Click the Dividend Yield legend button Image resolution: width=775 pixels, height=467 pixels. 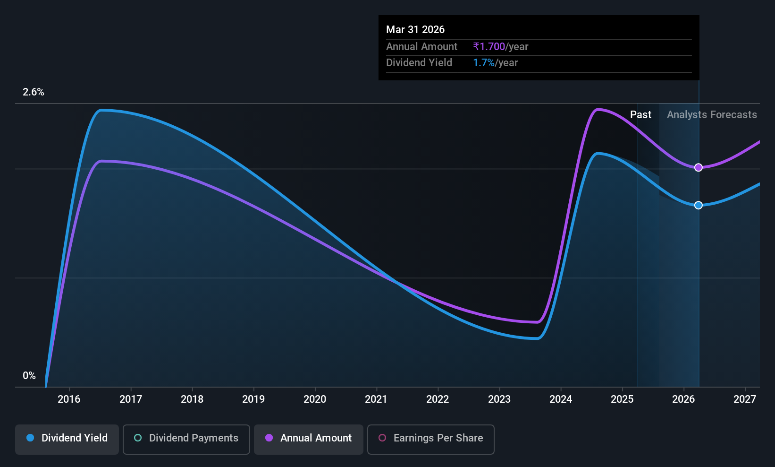tap(67, 439)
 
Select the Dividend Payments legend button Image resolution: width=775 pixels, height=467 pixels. tap(186, 439)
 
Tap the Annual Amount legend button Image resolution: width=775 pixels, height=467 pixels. tap(309, 439)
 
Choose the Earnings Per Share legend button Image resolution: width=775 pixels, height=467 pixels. tap(431, 439)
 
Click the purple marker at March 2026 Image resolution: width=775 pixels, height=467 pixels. tap(699, 168)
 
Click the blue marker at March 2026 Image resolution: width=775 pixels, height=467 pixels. tap(699, 206)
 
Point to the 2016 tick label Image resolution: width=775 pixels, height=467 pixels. tap(69, 399)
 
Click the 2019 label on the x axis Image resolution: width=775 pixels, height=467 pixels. tap(253, 399)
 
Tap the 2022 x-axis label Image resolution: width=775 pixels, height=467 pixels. tap(438, 399)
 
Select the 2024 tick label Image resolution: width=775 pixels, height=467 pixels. tap(561, 399)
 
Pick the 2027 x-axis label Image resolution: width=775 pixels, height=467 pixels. tap(745, 399)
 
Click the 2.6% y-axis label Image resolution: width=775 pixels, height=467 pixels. tap(34, 92)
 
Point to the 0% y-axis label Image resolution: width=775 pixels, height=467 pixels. tap(29, 376)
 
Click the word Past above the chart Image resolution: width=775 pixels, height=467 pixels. tap(641, 115)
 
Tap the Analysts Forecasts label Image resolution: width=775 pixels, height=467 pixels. tap(712, 115)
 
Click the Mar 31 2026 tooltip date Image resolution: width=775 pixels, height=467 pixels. tap(415, 29)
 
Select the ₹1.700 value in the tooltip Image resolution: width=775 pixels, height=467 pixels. tap(489, 46)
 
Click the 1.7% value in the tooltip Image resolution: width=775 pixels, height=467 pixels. tap(484, 63)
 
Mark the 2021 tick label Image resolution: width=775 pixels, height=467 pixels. tap(376, 399)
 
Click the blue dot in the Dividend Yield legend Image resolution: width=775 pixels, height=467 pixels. tap(31, 438)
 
